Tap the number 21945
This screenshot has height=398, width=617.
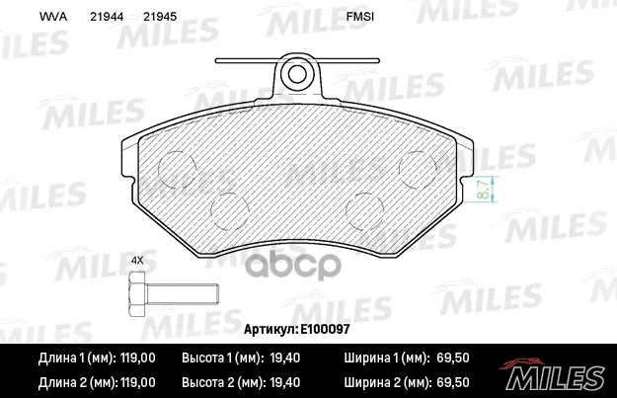[160, 17]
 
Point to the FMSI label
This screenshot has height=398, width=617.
[360, 17]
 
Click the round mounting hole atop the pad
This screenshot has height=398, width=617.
[296, 72]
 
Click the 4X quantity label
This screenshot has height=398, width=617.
[137, 260]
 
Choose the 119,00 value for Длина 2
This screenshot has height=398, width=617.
[136, 381]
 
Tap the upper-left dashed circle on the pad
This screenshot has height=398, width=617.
[178, 169]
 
